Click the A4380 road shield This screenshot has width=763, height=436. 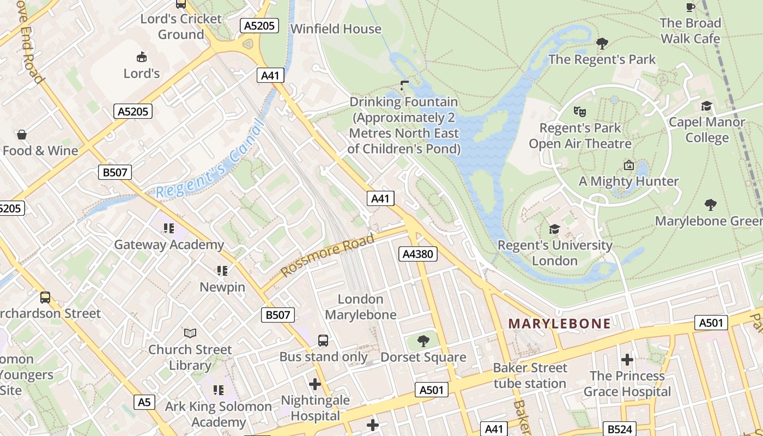pyautogui.click(x=418, y=253)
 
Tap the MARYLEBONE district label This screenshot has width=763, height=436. pyautogui.click(x=559, y=324)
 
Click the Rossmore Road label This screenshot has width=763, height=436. pyautogui.click(x=328, y=255)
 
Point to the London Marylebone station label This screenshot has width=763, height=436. pyautogui.click(x=360, y=307)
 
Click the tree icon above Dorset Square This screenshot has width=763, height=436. pyautogui.click(x=423, y=342)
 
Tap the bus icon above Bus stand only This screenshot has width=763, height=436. pyautogui.click(x=323, y=341)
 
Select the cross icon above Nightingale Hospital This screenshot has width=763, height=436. pyautogui.click(x=315, y=384)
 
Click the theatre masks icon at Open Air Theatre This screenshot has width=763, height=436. pyautogui.click(x=580, y=112)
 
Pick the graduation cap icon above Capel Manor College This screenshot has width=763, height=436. pyautogui.click(x=707, y=106)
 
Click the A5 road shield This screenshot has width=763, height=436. pyautogui.click(x=143, y=402)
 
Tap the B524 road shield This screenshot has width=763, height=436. pyautogui.click(x=620, y=429)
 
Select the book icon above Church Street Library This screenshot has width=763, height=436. pyautogui.click(x=190, y=332)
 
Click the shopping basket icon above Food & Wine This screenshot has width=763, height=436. pyautogui.click(x=22, y=134)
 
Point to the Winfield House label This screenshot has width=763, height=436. pyautogui.click(x=336, y=29)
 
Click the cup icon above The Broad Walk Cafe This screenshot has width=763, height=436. pyautogui.click(x=691, y=7)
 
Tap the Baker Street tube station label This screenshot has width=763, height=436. pyautogui.click(x=530, y=376)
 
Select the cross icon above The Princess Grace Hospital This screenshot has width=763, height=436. pyautogui.click(x=627, y=360)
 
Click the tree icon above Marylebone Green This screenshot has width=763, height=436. pyautogui.click(x=710, y=205)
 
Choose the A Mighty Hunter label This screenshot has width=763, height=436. pyautogui.click(x=628, y=181)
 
